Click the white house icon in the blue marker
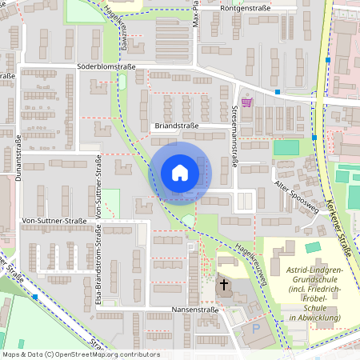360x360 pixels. point(180,173)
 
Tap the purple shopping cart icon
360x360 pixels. point(246,102)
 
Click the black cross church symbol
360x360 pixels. point(224,284)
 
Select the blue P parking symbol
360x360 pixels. point(255,329)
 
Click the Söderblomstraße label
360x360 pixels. point(106,67)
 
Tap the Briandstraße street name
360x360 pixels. point(178,126)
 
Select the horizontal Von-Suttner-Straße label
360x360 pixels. point(54,221)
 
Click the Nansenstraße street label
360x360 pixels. point(195,309)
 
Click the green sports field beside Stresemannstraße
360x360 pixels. point(286,147)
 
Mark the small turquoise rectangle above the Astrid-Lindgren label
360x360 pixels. point(312,248)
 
